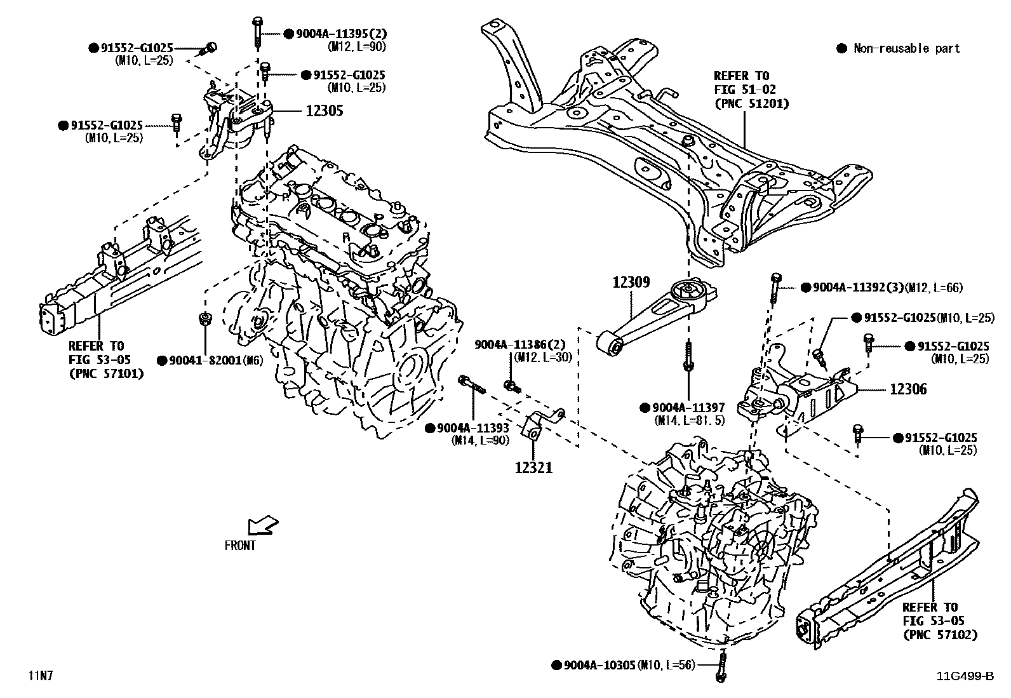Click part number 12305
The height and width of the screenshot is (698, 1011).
324,111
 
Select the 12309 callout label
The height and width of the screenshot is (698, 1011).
631,281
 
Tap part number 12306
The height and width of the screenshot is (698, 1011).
908,389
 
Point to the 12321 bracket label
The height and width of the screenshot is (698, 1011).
533,468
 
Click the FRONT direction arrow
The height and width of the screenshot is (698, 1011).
262,525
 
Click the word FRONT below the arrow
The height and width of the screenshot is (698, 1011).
240,546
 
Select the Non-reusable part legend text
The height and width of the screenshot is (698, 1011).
906,48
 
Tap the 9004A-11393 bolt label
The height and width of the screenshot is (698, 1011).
472,428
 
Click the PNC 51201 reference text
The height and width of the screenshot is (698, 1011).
751,103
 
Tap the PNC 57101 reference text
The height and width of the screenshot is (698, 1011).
105,373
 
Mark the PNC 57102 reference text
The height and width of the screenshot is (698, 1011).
940,634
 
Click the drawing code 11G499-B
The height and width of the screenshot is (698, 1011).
965,676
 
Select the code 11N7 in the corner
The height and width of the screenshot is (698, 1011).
40,675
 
